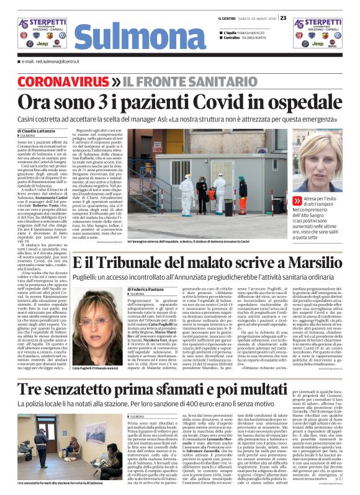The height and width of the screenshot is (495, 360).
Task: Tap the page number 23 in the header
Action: tap(283, 17)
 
